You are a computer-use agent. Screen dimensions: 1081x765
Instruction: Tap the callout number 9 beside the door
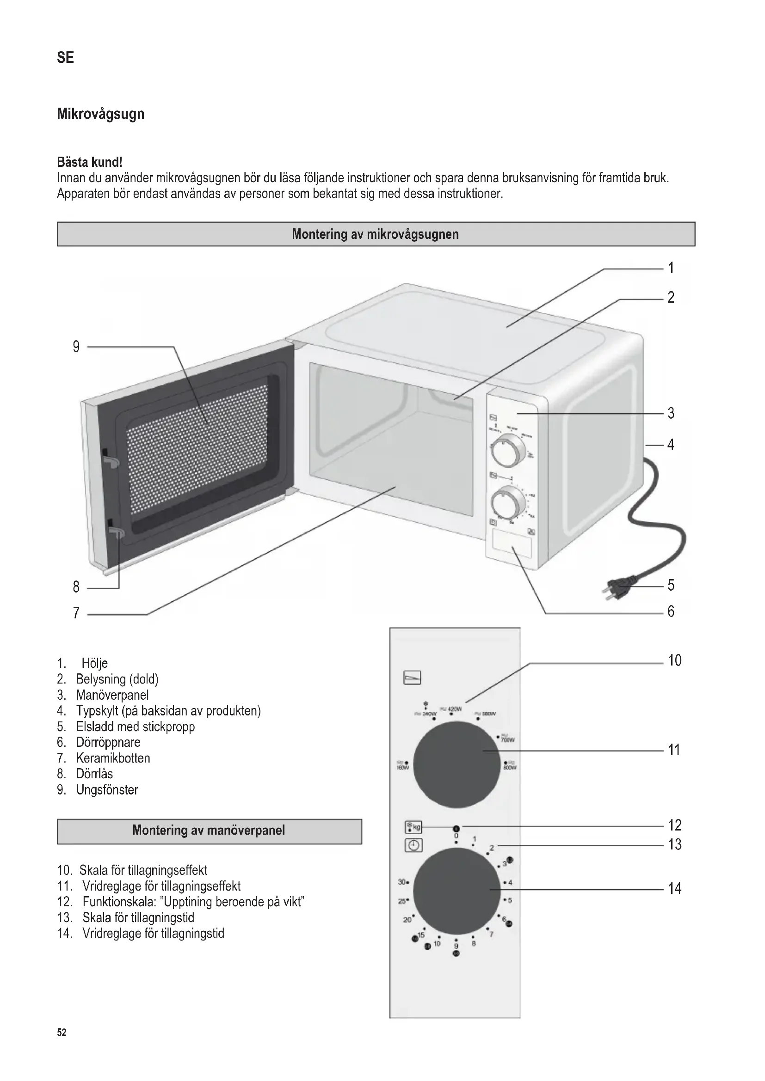[x=76, y=347]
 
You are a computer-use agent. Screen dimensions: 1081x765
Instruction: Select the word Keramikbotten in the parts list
[x=113, y=758]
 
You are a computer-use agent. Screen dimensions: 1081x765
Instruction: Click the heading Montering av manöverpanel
[x=209, y=830]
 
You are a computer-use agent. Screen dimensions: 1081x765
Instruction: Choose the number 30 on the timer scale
[x=402, y=882]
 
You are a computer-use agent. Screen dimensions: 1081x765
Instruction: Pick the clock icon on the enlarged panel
[x=413, y=846]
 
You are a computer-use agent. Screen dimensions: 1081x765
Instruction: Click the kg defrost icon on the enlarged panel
[x=413, y=827]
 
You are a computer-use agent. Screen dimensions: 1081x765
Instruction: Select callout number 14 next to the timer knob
[x=674, y=889]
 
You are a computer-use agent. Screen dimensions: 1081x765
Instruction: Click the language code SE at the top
[x=66, y=57]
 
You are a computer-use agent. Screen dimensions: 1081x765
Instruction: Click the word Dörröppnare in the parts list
[x=108, y=743]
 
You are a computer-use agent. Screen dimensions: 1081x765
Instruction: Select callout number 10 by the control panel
[x=674, y=660]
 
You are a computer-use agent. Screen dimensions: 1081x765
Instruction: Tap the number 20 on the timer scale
[x=407, y=920]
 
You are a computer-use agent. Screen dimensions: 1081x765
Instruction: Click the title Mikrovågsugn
[x=100, y=114]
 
